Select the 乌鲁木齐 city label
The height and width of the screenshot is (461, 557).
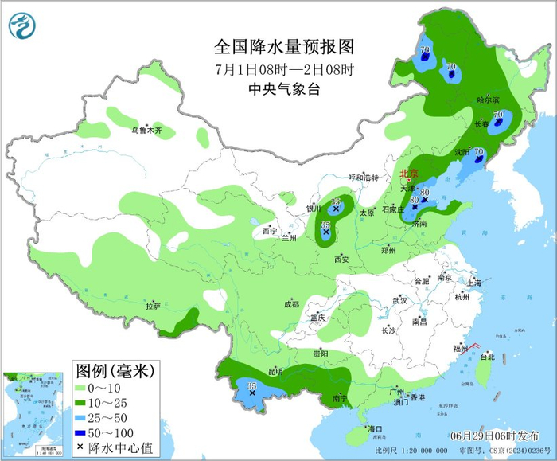point(146,130)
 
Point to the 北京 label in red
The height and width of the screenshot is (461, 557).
point(408,173)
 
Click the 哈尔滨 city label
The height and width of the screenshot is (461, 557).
point(488,100)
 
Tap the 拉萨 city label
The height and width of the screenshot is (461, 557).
point(153,306)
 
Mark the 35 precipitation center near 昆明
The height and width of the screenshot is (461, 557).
point(252,387)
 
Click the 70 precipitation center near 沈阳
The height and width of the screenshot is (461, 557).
point(478,152)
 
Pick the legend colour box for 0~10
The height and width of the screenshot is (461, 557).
point(80,386)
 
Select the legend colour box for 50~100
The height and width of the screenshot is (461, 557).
point(80,432)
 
